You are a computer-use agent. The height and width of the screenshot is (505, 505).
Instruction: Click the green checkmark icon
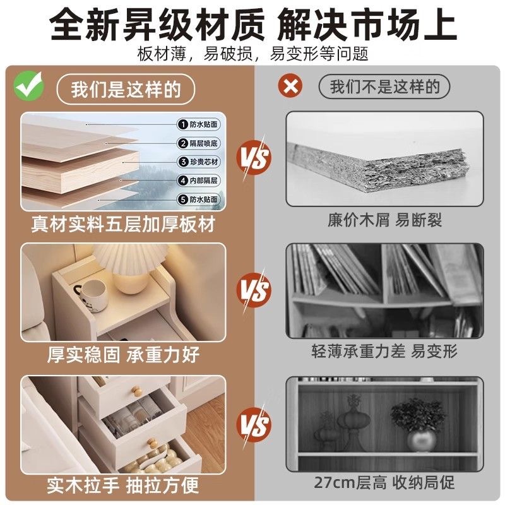tap(28, 86)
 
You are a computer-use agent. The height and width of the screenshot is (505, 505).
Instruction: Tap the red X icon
tap(290, 86)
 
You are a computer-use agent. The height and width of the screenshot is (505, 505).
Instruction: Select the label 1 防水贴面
tap(199, 124)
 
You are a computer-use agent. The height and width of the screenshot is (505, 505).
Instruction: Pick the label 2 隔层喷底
tap(199, 143)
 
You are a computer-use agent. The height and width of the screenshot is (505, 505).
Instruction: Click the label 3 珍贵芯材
tap(199, 162)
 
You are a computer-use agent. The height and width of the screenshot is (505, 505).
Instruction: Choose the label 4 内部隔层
tap(199, 181)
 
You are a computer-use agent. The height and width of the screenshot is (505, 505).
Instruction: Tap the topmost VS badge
tap(254, 158)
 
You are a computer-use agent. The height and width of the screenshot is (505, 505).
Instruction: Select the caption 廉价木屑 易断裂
tap(385, 220)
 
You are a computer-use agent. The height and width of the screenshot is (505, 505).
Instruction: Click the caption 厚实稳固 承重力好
tap(123, 355)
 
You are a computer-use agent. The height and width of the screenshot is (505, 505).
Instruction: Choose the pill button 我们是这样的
tap(126, 89)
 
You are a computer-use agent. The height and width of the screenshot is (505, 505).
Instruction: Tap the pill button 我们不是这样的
tap(384, 86)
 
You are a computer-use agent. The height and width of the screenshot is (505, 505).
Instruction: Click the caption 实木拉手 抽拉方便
tap(122, 485)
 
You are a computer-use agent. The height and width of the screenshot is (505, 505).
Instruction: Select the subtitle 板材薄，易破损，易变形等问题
tap(253, 54)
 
